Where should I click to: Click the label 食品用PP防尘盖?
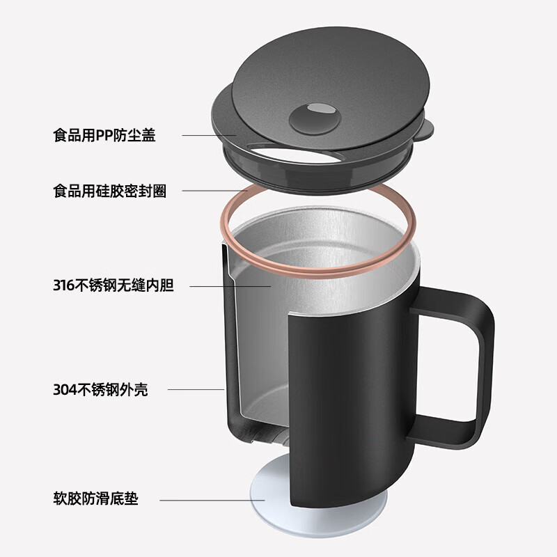click(x=104, y=135)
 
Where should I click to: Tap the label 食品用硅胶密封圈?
click(x=109, y=191)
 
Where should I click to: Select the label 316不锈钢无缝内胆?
click(x=113, y=285)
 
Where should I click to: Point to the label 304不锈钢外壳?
click(x=100, y=390)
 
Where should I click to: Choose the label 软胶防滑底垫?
click(x=95, y=499)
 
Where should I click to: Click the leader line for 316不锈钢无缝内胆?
click(x=230, y=285)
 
